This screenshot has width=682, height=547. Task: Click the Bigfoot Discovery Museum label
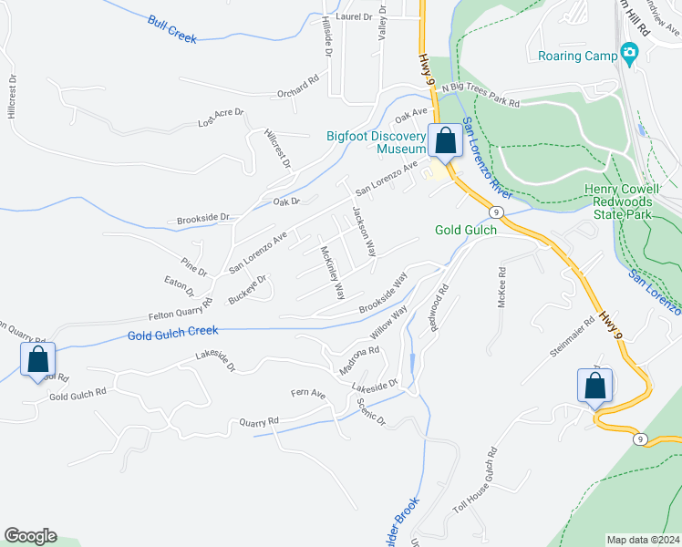tap(377, 142)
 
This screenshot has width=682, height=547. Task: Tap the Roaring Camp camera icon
tap(628, 54)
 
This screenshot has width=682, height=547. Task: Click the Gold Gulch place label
tap(466, 231)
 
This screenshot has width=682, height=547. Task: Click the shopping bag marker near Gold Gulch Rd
tap(38, 361)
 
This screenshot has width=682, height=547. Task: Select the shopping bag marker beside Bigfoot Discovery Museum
tap(445, 142)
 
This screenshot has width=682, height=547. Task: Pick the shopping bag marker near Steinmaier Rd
tap(594, 386)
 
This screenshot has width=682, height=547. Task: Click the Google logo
tap(30, 536)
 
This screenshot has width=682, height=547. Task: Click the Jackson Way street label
tap(364, 232)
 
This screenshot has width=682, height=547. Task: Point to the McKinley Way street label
tap(332, 273)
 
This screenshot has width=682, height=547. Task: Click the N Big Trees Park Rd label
tap(480, 96)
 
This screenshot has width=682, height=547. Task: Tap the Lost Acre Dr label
tap(222, 118)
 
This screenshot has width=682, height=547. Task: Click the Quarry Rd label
tap(259, 422)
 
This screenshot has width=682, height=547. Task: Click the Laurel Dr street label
tap(355, 16)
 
